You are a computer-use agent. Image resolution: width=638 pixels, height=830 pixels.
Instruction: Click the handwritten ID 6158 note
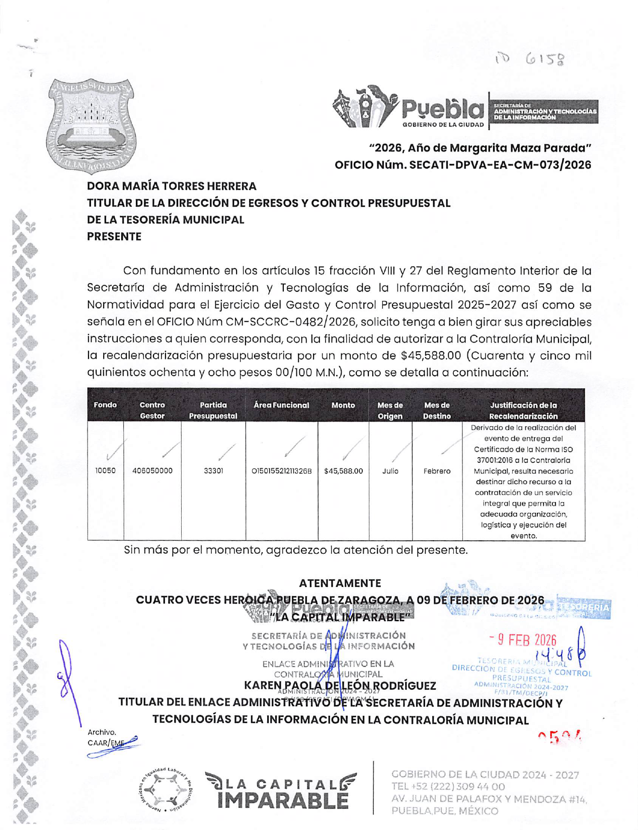(x=529, y=60)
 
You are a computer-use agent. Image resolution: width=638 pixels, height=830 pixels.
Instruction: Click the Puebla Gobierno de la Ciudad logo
(x=409, y=108)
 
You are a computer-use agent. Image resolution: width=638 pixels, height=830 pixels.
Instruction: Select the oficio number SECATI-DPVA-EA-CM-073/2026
(x=463, y=165)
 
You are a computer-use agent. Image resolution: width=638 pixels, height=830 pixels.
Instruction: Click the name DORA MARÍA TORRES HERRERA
(x=172, y=186)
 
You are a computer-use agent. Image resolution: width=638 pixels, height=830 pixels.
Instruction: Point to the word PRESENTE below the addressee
(x=114, y=236)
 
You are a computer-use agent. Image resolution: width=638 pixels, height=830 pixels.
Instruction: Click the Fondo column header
(x=105, y=405)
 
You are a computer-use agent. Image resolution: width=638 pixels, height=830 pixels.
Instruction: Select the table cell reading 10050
(x=105, y=471)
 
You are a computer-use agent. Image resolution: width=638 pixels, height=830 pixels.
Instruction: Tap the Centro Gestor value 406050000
(x=152, y=471)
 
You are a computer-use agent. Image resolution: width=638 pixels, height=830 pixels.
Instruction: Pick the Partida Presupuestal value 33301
(x=213, y=471)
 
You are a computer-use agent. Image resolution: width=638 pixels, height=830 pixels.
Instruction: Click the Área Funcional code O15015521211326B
(x=281, y=471)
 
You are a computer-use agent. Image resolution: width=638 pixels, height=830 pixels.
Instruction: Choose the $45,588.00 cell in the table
(x=343, y=471)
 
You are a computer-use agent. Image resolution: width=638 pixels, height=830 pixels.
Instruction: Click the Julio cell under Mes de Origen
(x=390, y=471)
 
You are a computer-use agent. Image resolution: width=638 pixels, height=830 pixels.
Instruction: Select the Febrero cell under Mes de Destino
(x=437, y=471)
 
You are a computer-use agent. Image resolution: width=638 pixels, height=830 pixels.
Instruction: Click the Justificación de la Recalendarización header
(x=523, y=410)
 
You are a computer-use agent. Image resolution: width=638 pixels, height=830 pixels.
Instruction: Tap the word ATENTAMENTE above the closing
(x=340, y=583)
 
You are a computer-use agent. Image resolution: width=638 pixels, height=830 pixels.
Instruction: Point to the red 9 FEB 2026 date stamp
(x=523, y=640)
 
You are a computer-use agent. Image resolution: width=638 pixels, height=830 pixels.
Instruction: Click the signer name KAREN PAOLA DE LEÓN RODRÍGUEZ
(x=340, y=686)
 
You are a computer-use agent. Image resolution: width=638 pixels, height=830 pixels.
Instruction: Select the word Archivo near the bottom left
(x=102, y=732)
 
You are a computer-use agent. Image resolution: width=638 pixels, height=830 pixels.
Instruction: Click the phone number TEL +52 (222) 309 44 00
(x=448, y=786)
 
